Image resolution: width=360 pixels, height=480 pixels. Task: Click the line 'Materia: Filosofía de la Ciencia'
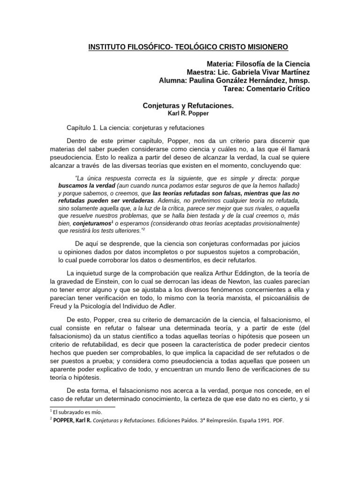coord(258,64)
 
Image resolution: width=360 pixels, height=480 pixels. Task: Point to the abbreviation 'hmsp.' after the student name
coord(300,81)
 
